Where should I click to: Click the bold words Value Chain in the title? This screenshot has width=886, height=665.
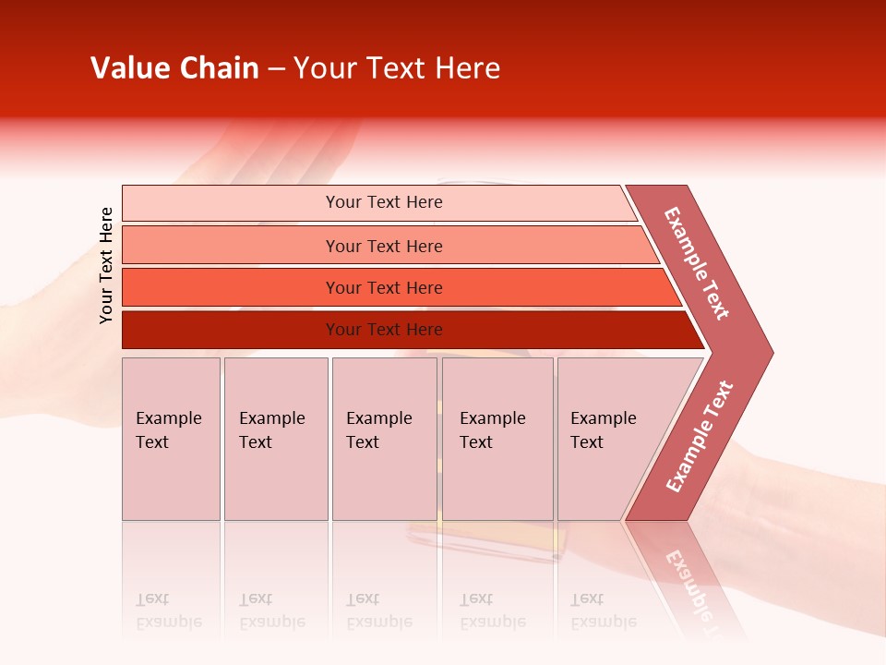coord(174,68)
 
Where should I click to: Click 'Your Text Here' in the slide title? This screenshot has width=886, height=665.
coord(396,68)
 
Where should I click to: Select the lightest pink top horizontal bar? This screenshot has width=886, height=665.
coord(231,203)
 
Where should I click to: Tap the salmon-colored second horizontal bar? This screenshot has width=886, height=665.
coord(231,246)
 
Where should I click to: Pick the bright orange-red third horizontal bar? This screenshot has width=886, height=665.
coord(231,287)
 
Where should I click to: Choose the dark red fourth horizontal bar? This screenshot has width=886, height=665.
coord(231,330)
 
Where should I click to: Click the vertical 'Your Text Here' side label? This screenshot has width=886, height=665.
coord(106,266)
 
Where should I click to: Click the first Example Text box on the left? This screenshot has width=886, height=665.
coord(171,439)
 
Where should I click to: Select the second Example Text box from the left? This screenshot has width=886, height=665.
coord(276,439)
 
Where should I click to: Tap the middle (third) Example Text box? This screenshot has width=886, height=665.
coord(384,439)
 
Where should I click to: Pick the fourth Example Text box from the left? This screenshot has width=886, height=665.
coord(497,439)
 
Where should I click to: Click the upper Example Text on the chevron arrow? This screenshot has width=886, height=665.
coord(697,263)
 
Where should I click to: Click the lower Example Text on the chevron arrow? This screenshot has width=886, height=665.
coord(700,437)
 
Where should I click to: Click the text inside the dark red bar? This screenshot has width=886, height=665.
coord(384,330)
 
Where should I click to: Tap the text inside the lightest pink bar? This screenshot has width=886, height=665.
coord(384,202)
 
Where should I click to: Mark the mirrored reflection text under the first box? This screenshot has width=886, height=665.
coord(169,611)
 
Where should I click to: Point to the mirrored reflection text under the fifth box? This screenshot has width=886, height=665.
coord(603,611)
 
